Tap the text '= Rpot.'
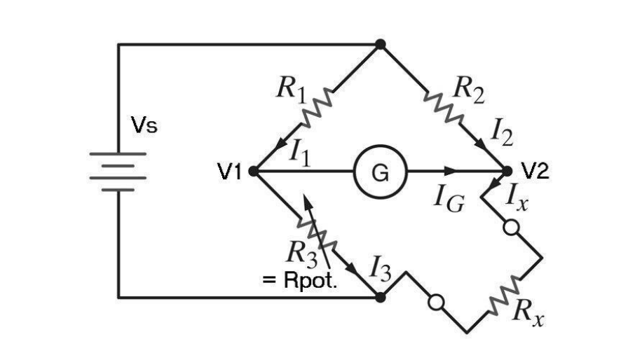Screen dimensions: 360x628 (x=299, y=280)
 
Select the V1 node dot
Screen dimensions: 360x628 (x=253, y=170)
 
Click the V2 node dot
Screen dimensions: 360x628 (x=507, y=170)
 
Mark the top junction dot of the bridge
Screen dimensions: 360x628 (x=381, y=44)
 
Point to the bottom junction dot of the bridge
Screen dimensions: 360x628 (x=381, y=297)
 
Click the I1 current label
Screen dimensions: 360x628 (x=301, y=152)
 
